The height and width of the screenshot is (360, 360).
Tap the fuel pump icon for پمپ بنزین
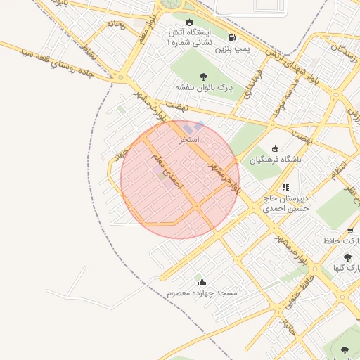pos(233,38)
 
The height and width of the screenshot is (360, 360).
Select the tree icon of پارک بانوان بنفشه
pos(204,77)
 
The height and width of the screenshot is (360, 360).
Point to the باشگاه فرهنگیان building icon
pos(275,148)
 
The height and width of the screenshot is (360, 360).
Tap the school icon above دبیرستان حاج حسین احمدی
pos(285,187)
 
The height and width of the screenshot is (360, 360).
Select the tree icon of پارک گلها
pos(347,258)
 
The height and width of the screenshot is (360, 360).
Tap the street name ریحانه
pos(116,24)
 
